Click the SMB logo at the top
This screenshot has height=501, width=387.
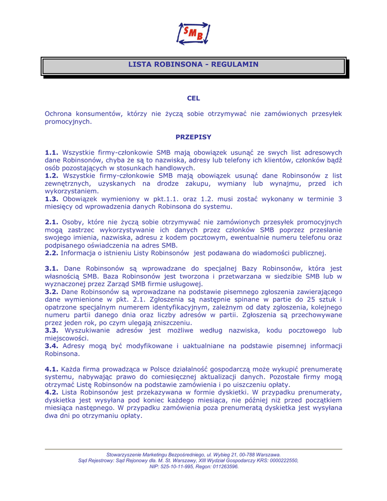coord(193,33)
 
